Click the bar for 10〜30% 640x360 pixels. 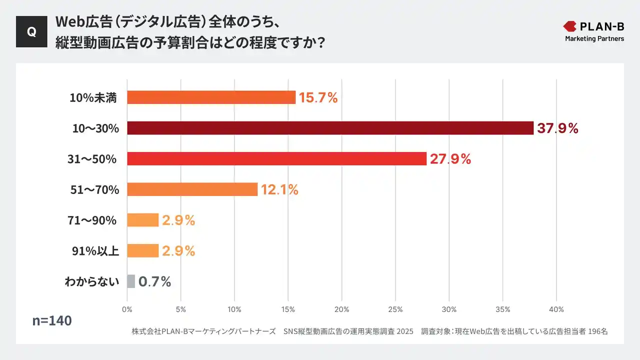[330, 128]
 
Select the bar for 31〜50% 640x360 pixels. [276, 158]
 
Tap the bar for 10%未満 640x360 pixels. [211, 97]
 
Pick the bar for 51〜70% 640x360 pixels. [192, 189]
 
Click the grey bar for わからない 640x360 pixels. [131, 281]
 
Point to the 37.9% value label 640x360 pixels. [557, 128]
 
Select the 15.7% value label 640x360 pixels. [318, 98]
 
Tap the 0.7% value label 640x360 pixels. [154, 281]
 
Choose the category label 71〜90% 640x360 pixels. [92, 220]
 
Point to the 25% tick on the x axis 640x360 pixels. [395, 309]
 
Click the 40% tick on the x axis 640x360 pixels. [556, 309]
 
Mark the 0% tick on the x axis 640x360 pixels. [127, 309]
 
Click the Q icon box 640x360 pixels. [31, 31]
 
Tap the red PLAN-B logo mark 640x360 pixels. [569, 26]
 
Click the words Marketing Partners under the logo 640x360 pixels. [594, 38]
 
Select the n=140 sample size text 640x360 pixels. [52, 320]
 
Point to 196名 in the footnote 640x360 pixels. [597, 331]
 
